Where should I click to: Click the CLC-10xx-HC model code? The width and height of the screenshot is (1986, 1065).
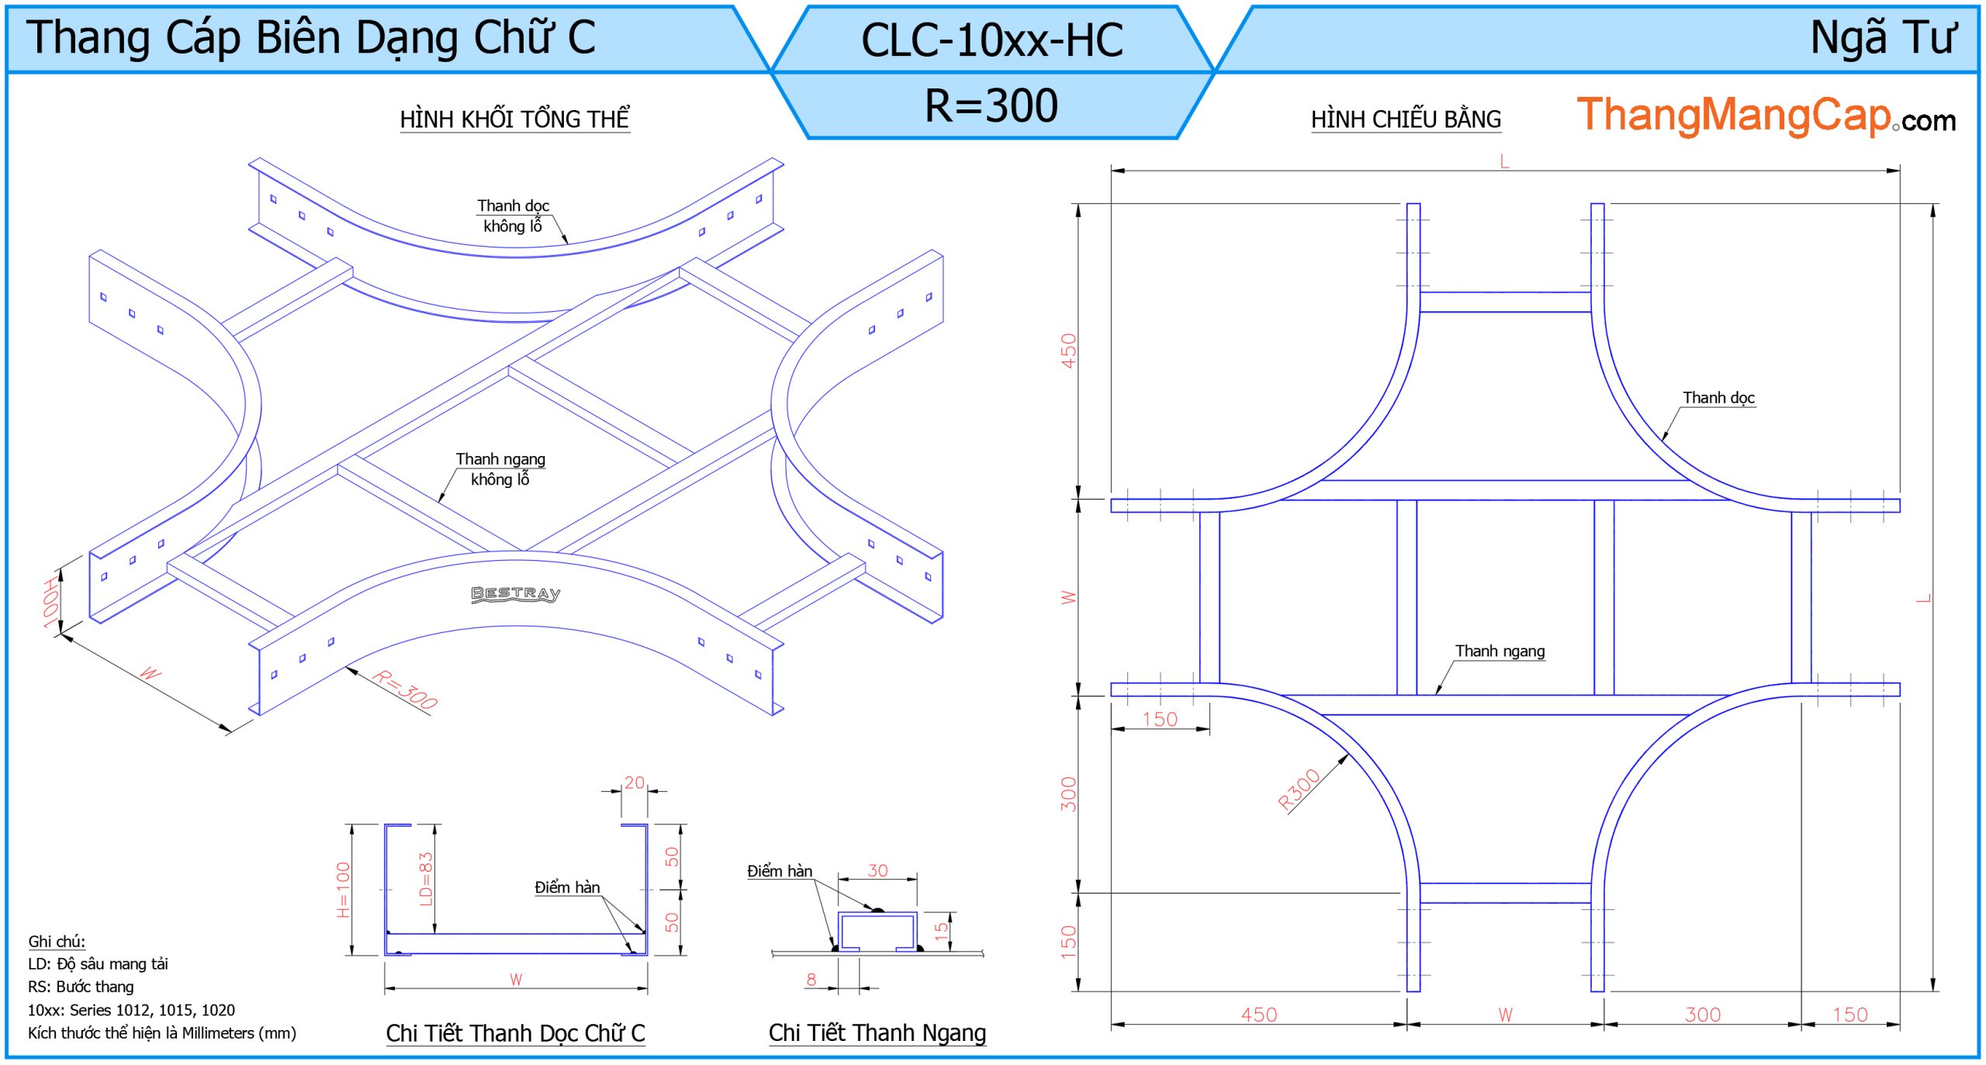[x=991, y=40]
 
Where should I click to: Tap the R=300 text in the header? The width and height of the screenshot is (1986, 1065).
[x=991, y=105]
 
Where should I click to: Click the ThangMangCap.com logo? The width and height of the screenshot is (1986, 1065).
[x=1765, y=116]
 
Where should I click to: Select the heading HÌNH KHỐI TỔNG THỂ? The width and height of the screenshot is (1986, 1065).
[x=514, y=119]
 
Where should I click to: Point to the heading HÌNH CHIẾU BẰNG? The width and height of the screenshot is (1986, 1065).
[x=1406, y=119]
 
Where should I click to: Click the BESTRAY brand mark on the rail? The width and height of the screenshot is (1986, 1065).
[x=516, y=593]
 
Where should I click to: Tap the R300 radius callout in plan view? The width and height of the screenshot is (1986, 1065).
[x=1299, y=790]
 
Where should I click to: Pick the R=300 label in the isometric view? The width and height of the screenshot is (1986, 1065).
[x=405, y=688]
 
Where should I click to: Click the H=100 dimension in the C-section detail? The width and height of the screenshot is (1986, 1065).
[x=344, y=890]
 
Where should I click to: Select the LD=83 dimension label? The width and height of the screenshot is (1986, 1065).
[x=426, y=879]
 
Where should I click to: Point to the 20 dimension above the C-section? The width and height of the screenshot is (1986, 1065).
[x=635, y=783]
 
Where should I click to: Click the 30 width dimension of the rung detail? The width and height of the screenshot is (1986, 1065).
[x=877, y=870]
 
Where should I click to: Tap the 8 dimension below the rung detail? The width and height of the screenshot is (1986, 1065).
[x=811, y=979]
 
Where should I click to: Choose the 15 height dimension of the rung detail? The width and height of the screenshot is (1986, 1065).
[x=941, y=930]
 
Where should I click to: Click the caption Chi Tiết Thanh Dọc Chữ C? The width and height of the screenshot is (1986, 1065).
[x=515, y=1033]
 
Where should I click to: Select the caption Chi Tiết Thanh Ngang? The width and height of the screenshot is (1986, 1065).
[x=877, y=1032]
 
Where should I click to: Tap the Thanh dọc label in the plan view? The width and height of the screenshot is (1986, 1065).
[x=1718, y=398]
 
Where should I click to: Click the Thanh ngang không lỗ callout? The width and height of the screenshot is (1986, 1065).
[x=500, y=469]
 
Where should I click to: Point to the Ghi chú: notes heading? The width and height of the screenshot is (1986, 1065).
[x=57, y=942]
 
